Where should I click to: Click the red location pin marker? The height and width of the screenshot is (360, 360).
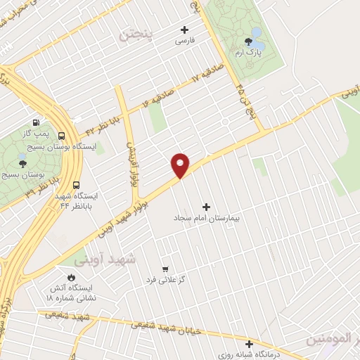click(x=181, y=164)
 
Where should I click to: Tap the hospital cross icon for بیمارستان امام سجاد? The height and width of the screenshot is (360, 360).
click(x=206, y=207)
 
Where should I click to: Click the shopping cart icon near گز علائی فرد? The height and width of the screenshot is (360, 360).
click(x=165, y=269)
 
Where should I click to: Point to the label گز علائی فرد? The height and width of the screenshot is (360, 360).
click(x=165, y=281)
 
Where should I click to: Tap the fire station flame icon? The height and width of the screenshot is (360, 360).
click(x=70, y=276)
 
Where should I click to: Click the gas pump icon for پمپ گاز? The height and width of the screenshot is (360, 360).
click(x=36, y=122)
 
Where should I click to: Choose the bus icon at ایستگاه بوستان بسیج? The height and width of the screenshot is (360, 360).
click(x=63, y=136)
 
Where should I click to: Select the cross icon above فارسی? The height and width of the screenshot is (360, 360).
click(x=185, y=30)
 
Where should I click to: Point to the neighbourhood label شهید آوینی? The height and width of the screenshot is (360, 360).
click(x=117, y=259)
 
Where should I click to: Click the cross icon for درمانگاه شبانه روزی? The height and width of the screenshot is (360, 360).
click(x=250, y=344)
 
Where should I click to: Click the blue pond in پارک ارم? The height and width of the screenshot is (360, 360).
click(x=257, y=33)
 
